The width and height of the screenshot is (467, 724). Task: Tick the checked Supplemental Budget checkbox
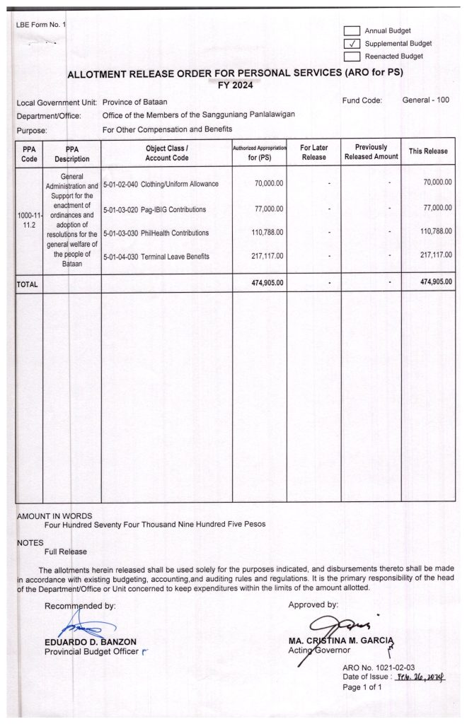[352, 43]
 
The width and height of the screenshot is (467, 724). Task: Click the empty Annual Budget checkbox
[352, 31]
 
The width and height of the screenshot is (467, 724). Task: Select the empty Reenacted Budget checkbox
[352, 56]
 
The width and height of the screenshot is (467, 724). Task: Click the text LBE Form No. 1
[40, 25]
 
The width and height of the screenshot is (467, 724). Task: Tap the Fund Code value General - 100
[425, 100]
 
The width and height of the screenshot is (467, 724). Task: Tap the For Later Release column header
[313, 151]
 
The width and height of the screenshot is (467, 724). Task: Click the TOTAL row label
[28, 283]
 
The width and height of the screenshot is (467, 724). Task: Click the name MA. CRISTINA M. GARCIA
[341, 641]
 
